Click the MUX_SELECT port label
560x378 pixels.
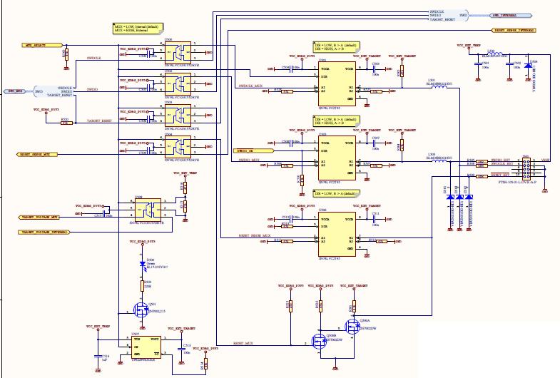[x=36, y=44]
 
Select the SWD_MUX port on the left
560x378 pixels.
[x=16, y=91]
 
